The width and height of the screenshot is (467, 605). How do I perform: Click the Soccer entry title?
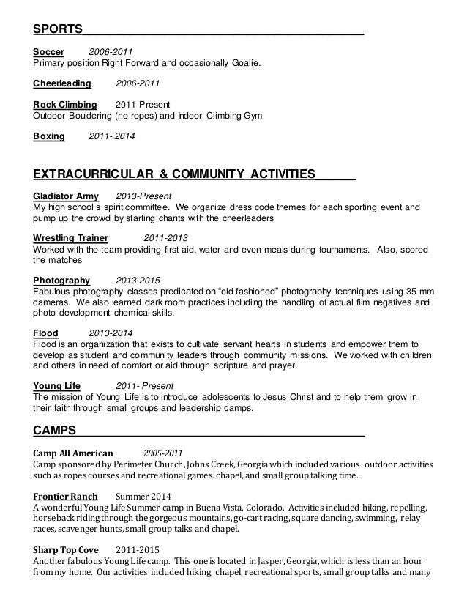click(x=49, y=52)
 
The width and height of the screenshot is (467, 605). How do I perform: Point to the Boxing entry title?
click(x=49, y=136)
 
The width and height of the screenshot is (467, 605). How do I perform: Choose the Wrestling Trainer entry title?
click(x=71, y=238)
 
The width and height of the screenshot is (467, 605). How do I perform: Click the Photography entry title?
click(x=61, y=280)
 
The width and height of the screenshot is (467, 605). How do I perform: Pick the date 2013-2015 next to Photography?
click(x=138, y=280)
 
